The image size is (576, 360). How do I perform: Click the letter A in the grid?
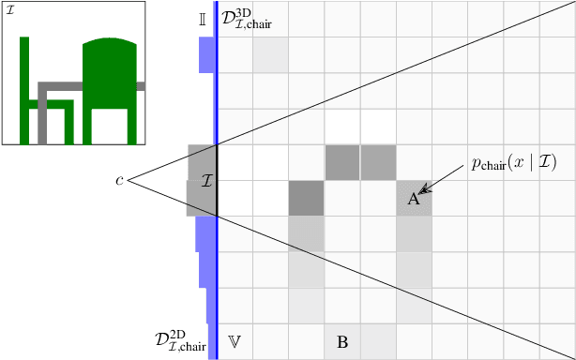point(413,199)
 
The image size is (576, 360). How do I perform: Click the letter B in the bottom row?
point(342,342)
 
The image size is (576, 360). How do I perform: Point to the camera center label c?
point(119,179)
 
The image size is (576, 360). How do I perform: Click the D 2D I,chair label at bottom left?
point(180,339)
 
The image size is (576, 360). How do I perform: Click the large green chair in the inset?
point(111,89)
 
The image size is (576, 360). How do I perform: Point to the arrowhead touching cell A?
point(423,191)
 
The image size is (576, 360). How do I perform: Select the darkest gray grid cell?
point(306,198)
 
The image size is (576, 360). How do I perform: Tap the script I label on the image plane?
point(207,179)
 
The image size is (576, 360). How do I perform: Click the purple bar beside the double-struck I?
point(206,54)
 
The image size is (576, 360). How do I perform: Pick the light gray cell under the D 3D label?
point(270,54)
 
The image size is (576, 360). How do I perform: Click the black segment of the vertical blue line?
point(217,180)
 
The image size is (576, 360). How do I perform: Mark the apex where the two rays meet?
point(129,179)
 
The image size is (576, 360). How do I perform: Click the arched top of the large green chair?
point(111,44)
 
